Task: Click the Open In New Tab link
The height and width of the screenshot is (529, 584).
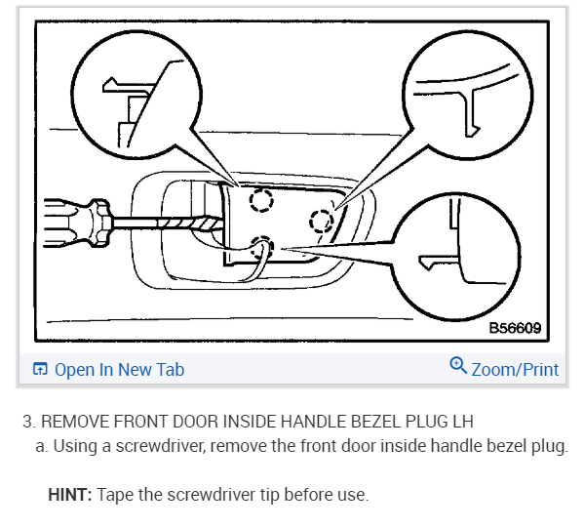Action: point(119,370)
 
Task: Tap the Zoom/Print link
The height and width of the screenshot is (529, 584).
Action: point(515,370)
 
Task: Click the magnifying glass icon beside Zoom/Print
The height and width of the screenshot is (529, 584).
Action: point(458,365)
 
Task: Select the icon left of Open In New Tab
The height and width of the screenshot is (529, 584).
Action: point(40,369)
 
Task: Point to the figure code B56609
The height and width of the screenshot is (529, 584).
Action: point(515,328)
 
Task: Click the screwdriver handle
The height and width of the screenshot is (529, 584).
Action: point(77,223)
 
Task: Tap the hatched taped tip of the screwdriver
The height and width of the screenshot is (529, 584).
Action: point(191,224)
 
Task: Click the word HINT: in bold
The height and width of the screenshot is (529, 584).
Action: point(70,495)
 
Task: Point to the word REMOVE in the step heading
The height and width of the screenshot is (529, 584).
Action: point(75,422)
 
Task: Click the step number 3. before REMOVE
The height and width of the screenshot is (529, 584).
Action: point(29,422)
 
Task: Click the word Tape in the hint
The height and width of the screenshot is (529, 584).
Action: point(115,496)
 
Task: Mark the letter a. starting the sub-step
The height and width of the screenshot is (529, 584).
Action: point(42,446)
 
